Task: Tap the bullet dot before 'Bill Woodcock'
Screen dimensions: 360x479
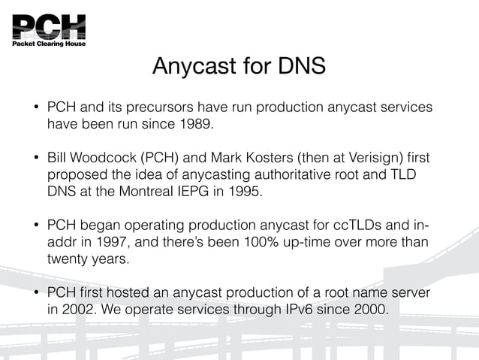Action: (x=35, y=158)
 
